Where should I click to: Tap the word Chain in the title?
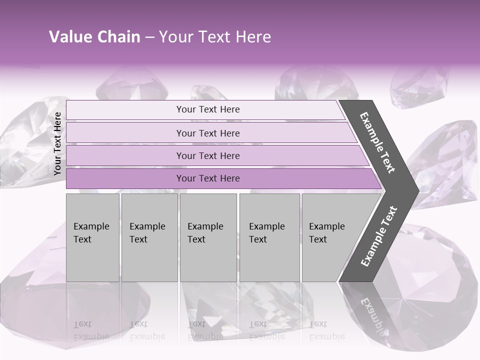point(119,37)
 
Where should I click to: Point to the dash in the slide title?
point(149,37)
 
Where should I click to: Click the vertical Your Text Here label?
point(57,143)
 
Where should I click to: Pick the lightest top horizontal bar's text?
point(208,109)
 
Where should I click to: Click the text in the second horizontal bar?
point(208,133)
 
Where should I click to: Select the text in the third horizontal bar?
point(208,155)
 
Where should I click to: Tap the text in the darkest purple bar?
point(208,178)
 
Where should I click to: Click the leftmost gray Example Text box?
point(92,237)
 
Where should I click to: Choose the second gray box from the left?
point(149,237)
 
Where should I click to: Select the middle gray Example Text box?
point(207,237)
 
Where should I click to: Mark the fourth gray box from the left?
point(269,237)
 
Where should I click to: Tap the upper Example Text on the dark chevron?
point(377,142)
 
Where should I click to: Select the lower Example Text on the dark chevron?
point(379,236)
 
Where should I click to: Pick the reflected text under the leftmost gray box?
point(91,330)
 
